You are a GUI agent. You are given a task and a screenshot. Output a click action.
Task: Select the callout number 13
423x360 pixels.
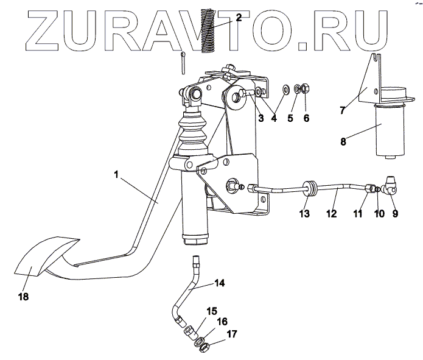(304, 213)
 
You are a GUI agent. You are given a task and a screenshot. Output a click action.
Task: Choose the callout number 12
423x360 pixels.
(332, 213)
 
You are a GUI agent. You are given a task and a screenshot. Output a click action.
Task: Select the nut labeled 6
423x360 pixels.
(307, 88)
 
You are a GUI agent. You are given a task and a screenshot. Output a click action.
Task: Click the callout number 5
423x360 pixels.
(290, 118)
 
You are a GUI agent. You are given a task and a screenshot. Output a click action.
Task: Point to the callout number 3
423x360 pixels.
(260, 118)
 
